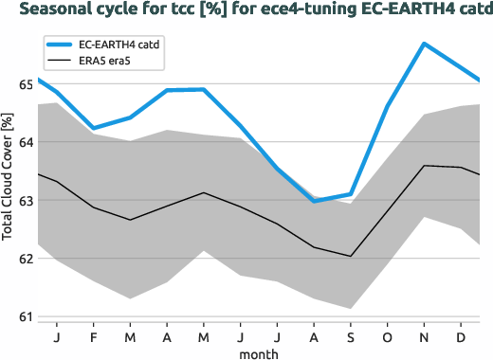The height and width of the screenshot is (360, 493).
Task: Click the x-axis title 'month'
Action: coord(258,352)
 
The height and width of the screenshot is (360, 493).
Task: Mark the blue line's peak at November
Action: coord(424,44)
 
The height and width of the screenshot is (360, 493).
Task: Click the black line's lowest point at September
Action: coord(351,256)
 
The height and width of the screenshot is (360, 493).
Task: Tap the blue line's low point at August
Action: coord(314,201)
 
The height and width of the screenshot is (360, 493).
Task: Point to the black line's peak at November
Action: coord(424,166)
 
